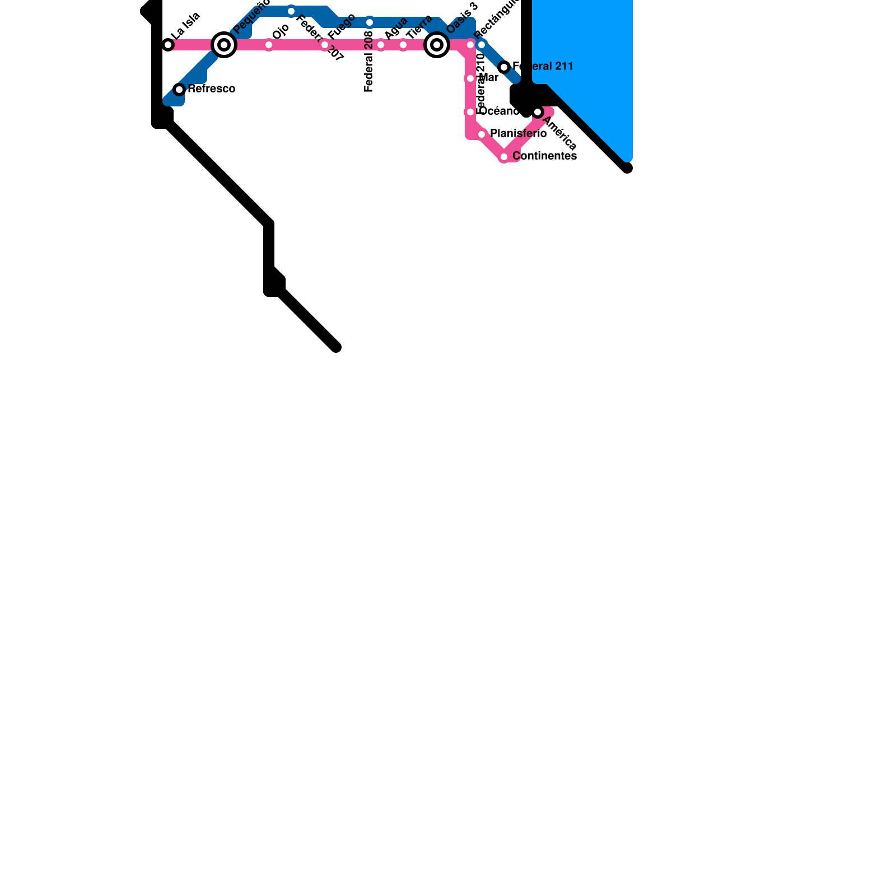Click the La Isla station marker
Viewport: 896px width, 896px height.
pyautogui.click(x=168, y=45)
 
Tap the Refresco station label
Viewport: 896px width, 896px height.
pyautogui.click(x=211, y=89)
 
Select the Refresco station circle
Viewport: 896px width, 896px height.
pyautogui.click(x=179, y=90)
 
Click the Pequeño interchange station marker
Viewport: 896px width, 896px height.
pyautogui.click(x=224, y=45)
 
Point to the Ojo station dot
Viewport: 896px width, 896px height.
pyautogui.click(x=269, y=45)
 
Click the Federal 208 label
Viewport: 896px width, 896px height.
pyautogui.click(x=368, y=62)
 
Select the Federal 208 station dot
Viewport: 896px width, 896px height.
pyautogui.click(x=370, y=22)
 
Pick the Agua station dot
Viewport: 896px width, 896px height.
pyautogui.click(x=381, y=45)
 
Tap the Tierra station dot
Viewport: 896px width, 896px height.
pyautogui.click(x=403, y=45)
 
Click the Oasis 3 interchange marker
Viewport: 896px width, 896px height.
pyautogui.click(x=437, y=45)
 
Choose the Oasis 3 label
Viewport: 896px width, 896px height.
pyautogui.click(x=462, y=17)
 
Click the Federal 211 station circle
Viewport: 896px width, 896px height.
pyautogui.click(x=504, y=67)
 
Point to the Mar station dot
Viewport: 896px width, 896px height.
pyautogui.click(x=470, y=78)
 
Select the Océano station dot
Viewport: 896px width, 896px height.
pyautogui.click(x=470, y=112)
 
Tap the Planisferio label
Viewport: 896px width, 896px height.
pyautogui.click(x=518, y=134)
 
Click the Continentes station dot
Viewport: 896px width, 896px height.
pyautogui.click(x=504, y=157)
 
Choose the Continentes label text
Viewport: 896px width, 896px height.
pyautogui.click(x=544, y=156)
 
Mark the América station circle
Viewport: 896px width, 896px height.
pyautogui.click(x=538, y=112)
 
